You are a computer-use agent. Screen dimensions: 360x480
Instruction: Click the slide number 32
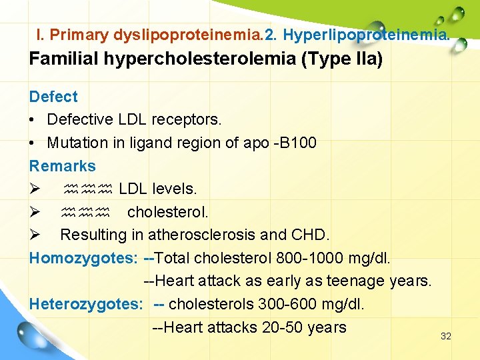point(446,336)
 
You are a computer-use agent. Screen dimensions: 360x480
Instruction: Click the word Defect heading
point(53,97)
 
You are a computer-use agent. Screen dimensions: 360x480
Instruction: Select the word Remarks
point(63,166)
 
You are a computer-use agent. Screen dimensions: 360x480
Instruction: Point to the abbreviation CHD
point(311,235)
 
